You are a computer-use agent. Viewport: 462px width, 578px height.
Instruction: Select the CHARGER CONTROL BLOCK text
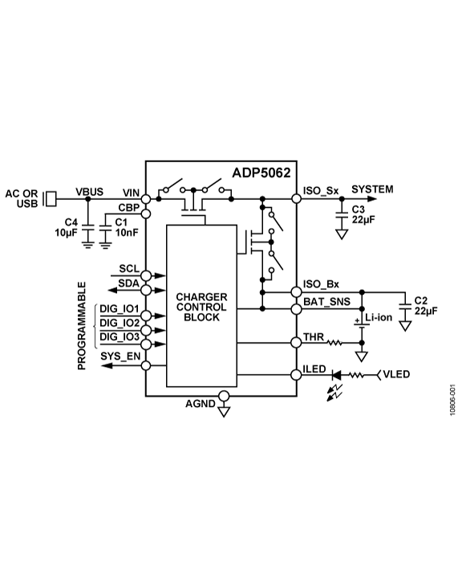point(201,307)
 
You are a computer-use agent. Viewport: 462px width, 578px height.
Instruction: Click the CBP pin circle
point(146,213)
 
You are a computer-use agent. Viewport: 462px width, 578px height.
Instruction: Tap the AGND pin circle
point(225,396)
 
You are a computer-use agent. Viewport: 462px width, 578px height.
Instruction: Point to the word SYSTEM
point(372,189)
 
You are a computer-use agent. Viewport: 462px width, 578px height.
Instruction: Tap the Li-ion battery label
point(378,319)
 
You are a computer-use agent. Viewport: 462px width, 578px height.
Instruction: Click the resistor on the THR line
point(333,343)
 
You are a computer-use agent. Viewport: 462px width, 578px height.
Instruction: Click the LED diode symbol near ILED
point(337,374)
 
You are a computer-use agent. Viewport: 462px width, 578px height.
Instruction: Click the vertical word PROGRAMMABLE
point(82,325)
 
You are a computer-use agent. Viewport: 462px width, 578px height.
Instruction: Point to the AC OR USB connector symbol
point(50,197)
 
